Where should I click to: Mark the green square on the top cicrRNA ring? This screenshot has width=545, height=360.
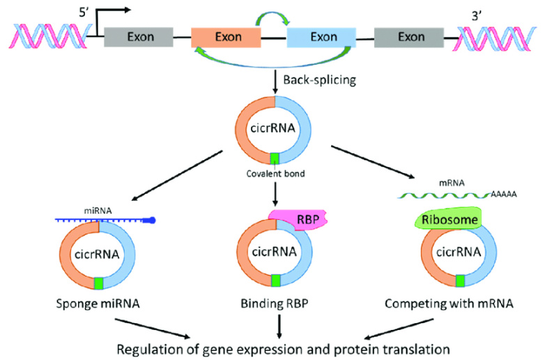click(x=275, y=159)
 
